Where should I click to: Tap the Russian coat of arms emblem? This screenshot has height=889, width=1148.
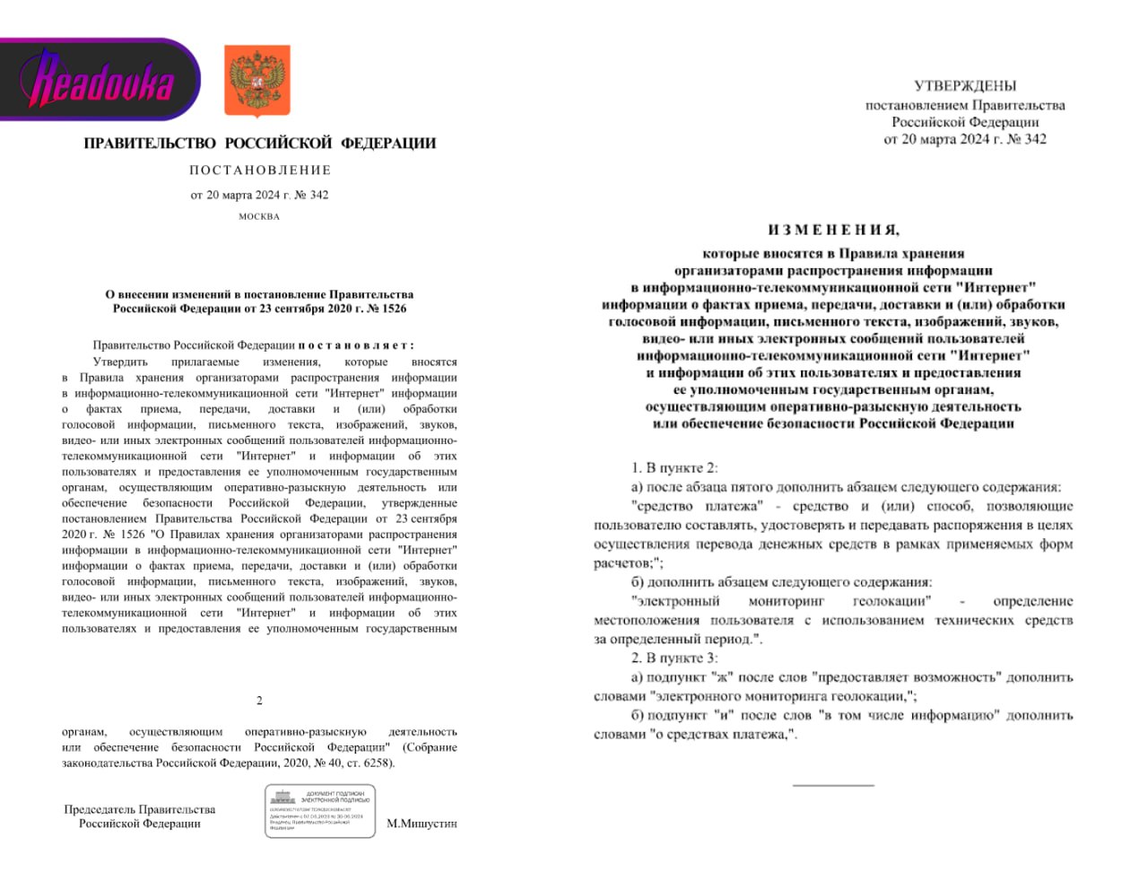coord(257,81)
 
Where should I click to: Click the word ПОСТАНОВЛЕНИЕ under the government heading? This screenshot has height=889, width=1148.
coord(260,170)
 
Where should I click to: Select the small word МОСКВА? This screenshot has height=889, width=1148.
coord(259,216)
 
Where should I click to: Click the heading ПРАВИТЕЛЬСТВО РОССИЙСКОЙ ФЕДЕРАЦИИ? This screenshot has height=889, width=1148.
coord(260,144)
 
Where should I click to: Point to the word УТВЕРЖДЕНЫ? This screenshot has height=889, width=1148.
coord(965,86)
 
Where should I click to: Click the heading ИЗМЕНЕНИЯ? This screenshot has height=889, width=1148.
coord(833,231)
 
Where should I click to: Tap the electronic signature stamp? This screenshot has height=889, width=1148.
coord(320,811)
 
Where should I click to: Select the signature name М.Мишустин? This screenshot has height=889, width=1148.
coord(422,824)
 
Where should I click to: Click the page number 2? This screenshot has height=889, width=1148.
coord(259,701)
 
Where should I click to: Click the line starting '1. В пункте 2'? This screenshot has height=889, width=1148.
coord(674,468)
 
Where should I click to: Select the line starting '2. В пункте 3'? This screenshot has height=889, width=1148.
coord(674,658)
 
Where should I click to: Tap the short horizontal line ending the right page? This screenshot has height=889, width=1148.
coord(833,786)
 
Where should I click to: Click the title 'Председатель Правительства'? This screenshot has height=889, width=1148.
coord(140,809)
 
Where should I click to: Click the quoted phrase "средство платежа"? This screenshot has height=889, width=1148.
coord(697,507)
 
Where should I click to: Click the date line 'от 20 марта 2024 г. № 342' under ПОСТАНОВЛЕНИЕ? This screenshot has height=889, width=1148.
coord(259,195)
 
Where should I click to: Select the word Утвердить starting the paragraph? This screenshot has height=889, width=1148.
coord(120,362)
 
